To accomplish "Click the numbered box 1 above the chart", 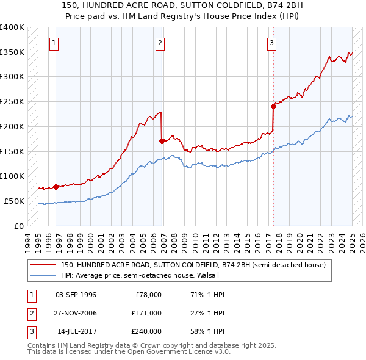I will pos(54,43).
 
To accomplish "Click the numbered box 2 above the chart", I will pos(160,43).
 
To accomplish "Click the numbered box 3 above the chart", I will pos(271,43).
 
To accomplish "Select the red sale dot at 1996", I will pos(56,187).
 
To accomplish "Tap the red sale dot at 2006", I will pos(162,141).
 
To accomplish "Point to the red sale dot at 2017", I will pos(273,106).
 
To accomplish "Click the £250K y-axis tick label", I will pos(12,102).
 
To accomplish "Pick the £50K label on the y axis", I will pos(14,201).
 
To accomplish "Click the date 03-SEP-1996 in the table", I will pos(76,295).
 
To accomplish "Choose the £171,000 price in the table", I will pos(146,313).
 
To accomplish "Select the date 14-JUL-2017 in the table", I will pos(76,331).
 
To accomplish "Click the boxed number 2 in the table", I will pos(30,313).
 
